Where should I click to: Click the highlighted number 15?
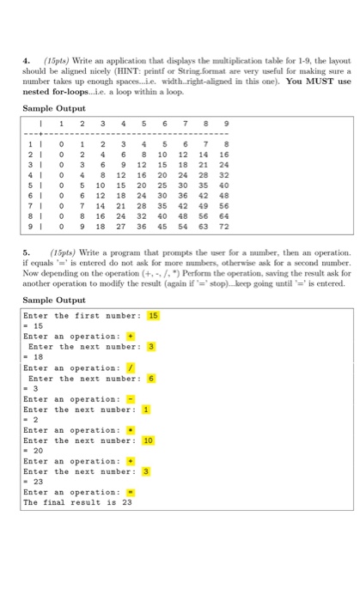(154, 316)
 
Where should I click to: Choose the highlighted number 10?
(148, 440)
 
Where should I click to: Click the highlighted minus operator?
(130, 399)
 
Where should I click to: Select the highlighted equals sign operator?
(130, 492)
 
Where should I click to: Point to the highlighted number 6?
(149, 379)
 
